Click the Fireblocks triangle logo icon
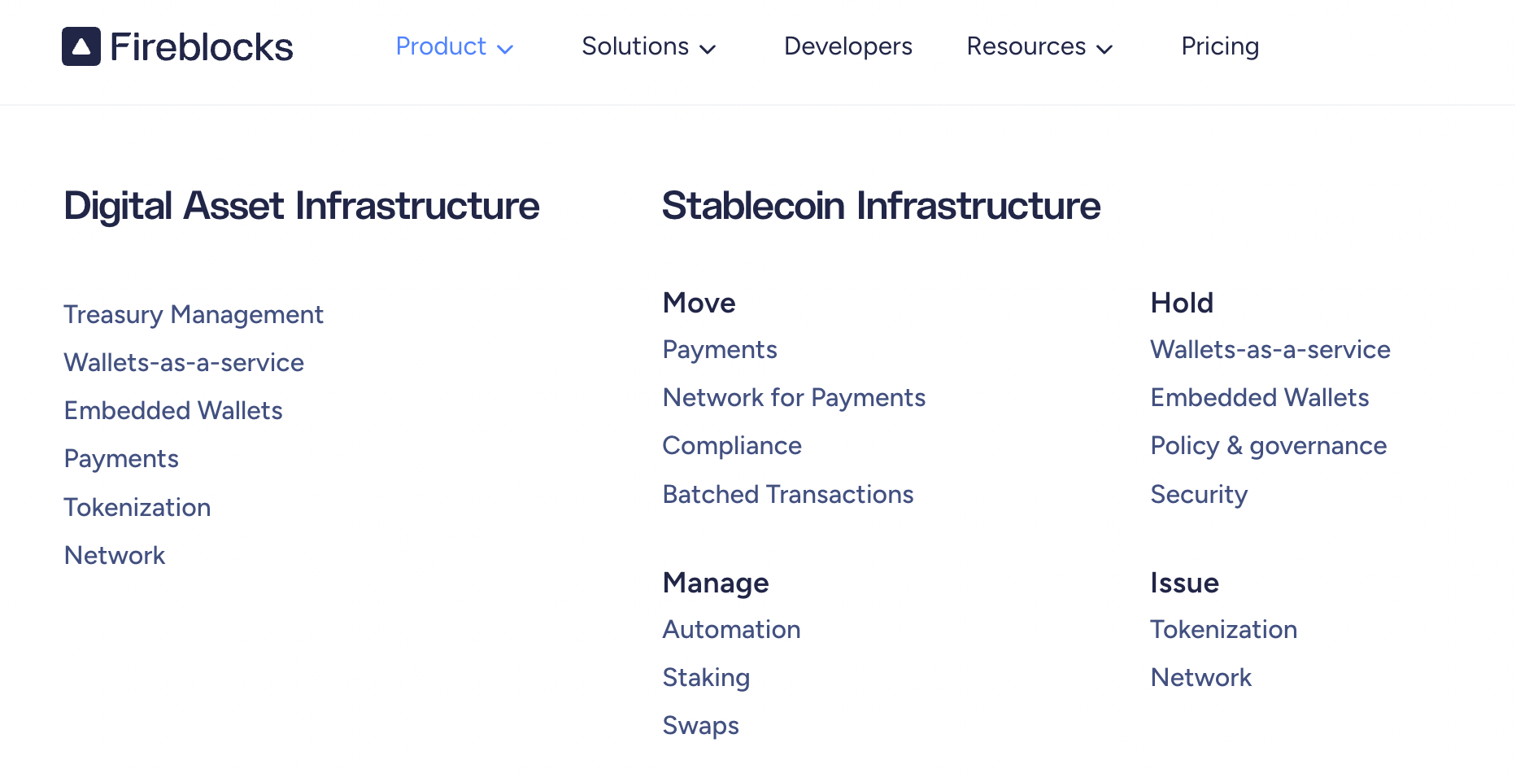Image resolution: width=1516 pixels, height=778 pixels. (x=81, y=46)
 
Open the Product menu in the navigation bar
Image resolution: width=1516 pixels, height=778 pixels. (x=454, y=46)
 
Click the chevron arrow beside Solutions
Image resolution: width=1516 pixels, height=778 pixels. (x=708, y=49)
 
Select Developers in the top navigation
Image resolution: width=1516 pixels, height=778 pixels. (x=847, y=46)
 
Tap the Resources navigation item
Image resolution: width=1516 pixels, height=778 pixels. (x=1039, y=46)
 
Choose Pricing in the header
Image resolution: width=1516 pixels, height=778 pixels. (x=1220, y=46)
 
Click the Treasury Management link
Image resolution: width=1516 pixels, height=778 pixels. (x=194, y=315)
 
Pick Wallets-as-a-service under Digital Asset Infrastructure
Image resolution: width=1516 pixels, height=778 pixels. (x=184, y=362)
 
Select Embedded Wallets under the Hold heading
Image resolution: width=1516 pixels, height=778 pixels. (x=1260, y=397)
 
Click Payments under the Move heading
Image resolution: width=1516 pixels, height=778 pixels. (x=720, y=350)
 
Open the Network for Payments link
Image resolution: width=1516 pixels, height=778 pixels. (x=794, y=397)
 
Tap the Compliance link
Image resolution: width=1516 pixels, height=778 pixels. (x=732, y=446)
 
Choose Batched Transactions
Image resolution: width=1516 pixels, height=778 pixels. (x=788, y=494)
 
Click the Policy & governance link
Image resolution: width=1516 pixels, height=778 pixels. (x=1269, y=446)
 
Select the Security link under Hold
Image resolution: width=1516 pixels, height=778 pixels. (x=1199, y=495)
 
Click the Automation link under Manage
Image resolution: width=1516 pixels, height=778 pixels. (x=731, y=629)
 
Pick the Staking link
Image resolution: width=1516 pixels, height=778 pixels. (x=706, y=678)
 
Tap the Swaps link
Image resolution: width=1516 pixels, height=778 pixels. (x=700, y=726)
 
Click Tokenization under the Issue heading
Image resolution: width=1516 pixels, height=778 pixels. (x=1223, y=629)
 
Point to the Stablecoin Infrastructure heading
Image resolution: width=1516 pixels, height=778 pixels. (x=881, y=205)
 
